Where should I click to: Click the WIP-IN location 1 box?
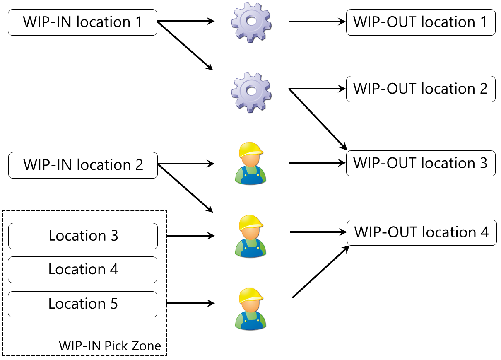(82, 22)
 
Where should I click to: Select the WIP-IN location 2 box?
(83, 165)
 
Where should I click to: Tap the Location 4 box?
(83, 269)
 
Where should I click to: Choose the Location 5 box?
(83, 304)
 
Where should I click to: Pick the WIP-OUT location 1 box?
(421, 22)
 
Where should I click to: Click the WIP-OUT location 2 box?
(421, 89)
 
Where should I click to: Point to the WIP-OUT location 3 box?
(421, 163)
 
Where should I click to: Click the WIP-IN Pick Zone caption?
(110, 346)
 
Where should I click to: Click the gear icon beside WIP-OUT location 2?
(251, 92)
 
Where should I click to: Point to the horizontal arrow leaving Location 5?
(190, 304)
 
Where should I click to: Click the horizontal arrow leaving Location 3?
(190, 236)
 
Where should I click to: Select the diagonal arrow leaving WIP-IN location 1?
(185, 46)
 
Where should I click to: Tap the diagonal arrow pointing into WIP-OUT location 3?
(318, 119)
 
